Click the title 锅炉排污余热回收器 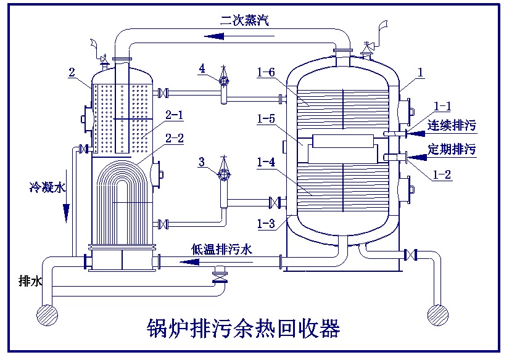click(243, 328)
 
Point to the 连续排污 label click(452, 126)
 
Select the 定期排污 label click(452, 149)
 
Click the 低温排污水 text click(221, 249)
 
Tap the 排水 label click(31, 281)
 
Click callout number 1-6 click(267, 73)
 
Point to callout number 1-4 click(267, 162)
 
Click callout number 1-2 click(443, 175)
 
